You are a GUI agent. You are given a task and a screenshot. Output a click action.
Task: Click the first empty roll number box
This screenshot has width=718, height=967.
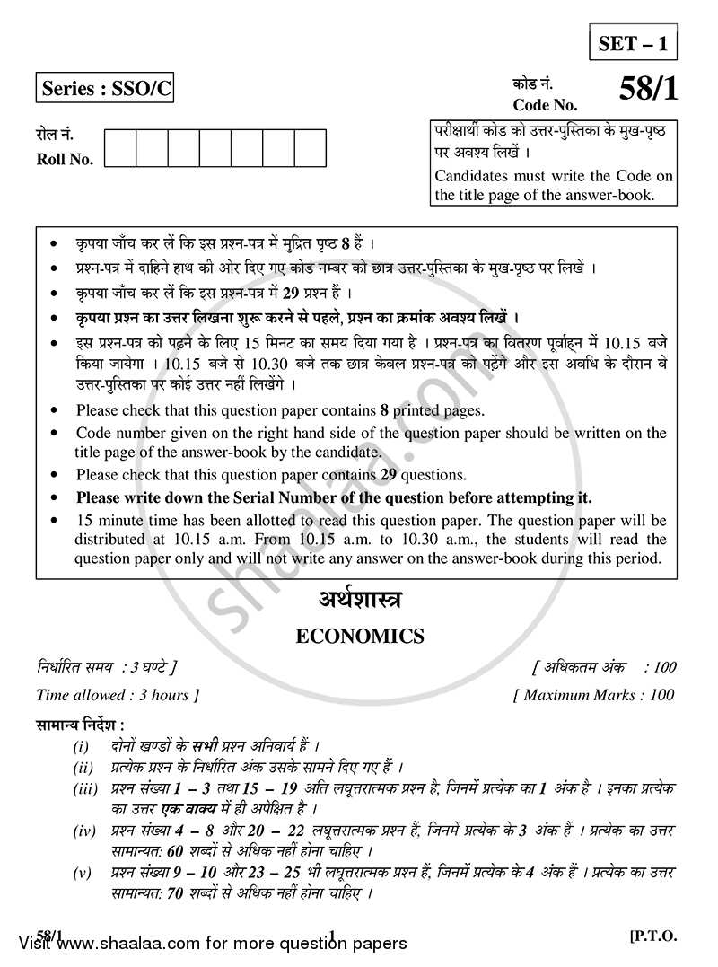120,148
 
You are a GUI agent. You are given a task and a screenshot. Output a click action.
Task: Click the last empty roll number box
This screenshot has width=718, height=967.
310,148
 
